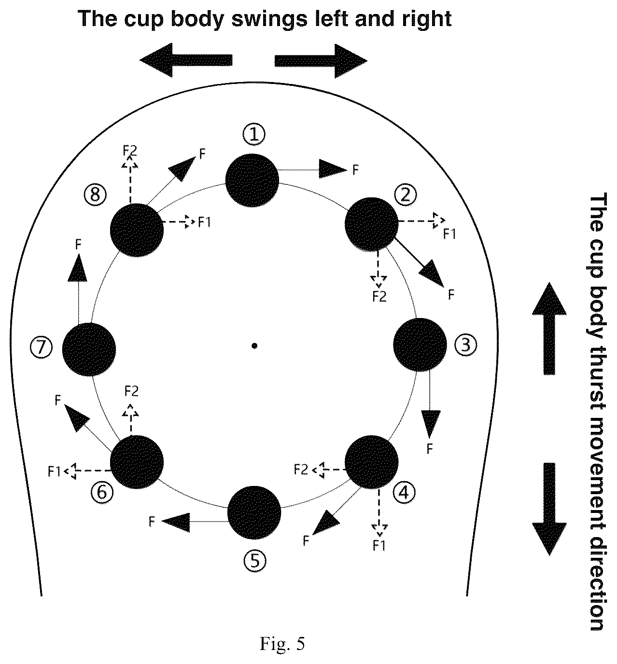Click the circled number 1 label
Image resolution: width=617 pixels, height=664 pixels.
pos(254,135)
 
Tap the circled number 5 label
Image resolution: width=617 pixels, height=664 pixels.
pos(254,561)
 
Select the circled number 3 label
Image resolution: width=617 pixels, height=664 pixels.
pos(465,345)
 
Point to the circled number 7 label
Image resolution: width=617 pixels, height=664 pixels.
pos(41,347)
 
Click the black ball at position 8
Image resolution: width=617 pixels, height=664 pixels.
pos(137,230)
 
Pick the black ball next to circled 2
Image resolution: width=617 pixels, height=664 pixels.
pos(372,224)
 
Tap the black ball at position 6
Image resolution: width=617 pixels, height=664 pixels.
pos(137,462)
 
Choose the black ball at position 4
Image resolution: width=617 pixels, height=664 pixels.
pos(372,462)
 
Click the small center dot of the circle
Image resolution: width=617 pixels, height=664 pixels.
pos(254,346)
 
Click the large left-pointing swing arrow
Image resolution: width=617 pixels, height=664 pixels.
pos(186,60)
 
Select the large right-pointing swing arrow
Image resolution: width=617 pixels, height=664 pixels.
pos(321,61)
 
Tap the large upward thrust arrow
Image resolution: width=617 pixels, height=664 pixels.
pos(549,328)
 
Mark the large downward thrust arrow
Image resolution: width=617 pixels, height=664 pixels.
pos(549,510)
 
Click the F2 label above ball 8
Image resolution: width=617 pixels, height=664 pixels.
pos(130,151)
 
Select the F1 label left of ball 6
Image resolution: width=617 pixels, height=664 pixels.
pos(54,471)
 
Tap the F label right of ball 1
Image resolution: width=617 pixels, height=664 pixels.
pos(356,170)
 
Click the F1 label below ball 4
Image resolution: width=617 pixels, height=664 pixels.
pos(379,546)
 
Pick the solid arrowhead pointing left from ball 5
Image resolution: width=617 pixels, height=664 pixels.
pos(176,523)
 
